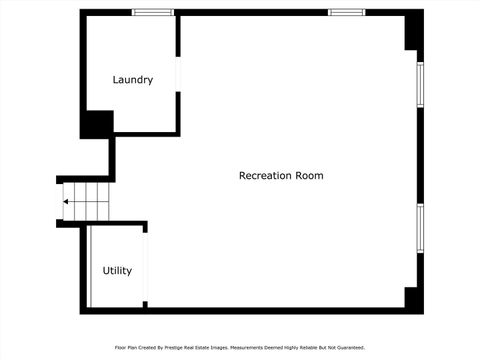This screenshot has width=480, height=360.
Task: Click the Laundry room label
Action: click(x=132, y=80)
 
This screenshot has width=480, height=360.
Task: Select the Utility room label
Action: click(x=117, y=271)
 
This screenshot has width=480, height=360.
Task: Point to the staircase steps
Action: click(x=85, y=201)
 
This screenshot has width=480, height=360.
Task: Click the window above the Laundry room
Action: click(x=154, y=12)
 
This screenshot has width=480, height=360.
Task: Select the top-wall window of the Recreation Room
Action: click(x=346, y=12)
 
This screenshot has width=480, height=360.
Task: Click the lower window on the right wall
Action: click(x=421, y=229)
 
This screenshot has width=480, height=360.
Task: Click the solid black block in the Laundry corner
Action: click(x=96, y=124)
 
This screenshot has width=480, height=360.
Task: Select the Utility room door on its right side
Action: click(x=146, y=267)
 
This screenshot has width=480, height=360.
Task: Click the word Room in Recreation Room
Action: click(x=309, y=176)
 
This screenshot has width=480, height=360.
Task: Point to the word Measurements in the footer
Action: click(x=246, y=348)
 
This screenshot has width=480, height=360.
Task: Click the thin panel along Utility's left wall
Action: click(x=90, y=267)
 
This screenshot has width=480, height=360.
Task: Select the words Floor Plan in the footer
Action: click(x=125, y=348)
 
